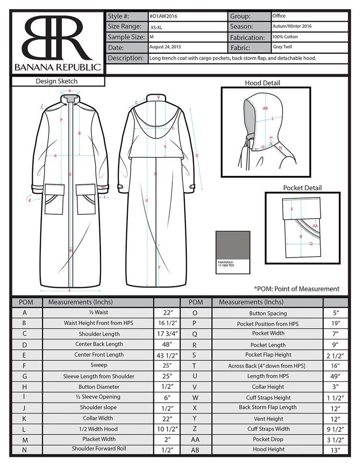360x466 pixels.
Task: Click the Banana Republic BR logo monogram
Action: (57, 37)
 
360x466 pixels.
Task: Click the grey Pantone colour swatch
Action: (233, 246)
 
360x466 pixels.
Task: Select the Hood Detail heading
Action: (262, 83)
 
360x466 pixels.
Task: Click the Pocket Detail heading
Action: (302, 188)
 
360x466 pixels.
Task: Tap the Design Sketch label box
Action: (57, 82)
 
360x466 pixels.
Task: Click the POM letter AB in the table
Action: (195, 450)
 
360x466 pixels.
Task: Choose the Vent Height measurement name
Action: (268, 418)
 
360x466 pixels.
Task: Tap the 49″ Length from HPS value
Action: (335, 376)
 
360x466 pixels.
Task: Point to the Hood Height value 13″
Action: (335, 450)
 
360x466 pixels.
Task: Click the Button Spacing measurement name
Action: (268, 313)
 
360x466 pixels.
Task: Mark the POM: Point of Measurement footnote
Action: (296, 289)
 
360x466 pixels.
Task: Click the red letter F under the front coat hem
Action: (70, 291)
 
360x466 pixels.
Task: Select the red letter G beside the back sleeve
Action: (197, 155)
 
